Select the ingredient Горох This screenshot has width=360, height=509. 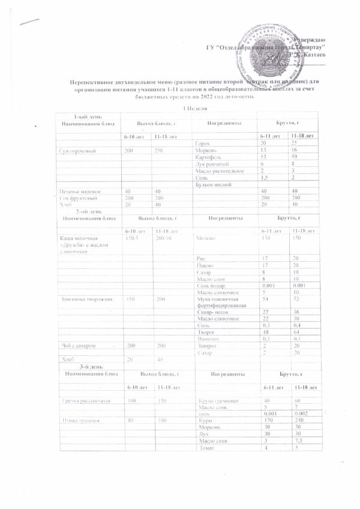pos(202,143)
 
